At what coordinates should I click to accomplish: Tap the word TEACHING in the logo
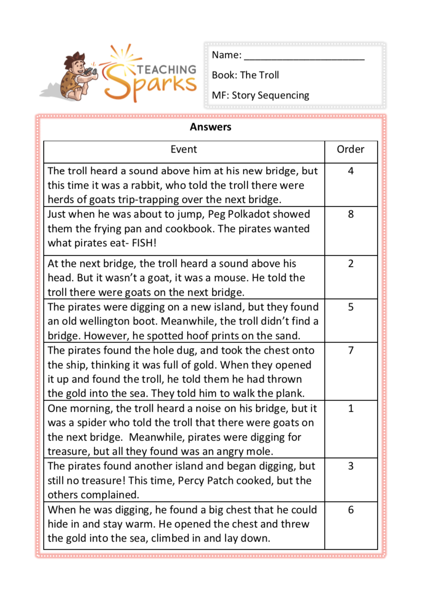point(166,69)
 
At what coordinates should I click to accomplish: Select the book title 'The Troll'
point(260,75)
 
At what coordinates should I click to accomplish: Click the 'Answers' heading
point(211,127)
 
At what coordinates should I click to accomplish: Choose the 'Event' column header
point(183,150)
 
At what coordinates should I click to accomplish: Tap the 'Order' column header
point(350,150)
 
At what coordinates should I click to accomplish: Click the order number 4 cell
point(351,171)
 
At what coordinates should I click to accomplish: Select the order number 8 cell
point(351,214)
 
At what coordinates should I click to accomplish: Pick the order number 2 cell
point(351,263)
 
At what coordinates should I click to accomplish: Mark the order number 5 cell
point(351,307)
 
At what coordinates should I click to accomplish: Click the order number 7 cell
point(351,350)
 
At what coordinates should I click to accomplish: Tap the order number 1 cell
point(351,408)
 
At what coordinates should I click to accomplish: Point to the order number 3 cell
point(351,466)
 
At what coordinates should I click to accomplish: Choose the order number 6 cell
point(351,510)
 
